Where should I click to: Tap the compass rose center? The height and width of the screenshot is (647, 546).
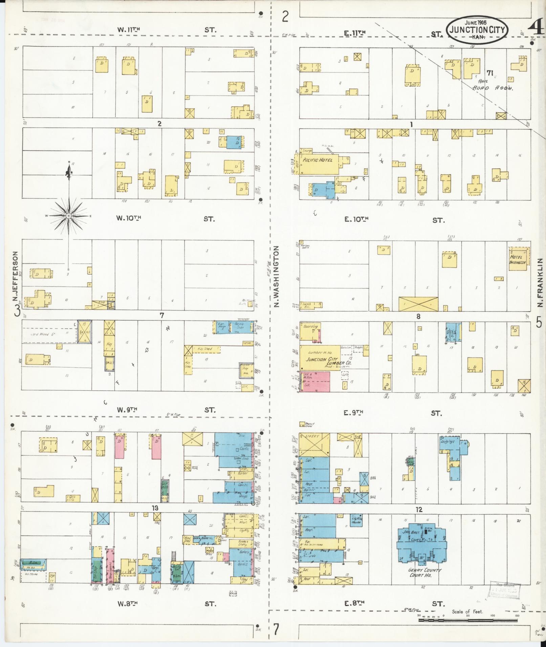68,215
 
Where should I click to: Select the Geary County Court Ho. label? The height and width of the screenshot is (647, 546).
420,572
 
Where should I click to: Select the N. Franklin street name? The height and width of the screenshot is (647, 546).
540,282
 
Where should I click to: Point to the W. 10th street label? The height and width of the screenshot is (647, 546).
129,218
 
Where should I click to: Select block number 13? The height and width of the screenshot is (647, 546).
155,508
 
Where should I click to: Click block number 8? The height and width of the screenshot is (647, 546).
418,317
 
